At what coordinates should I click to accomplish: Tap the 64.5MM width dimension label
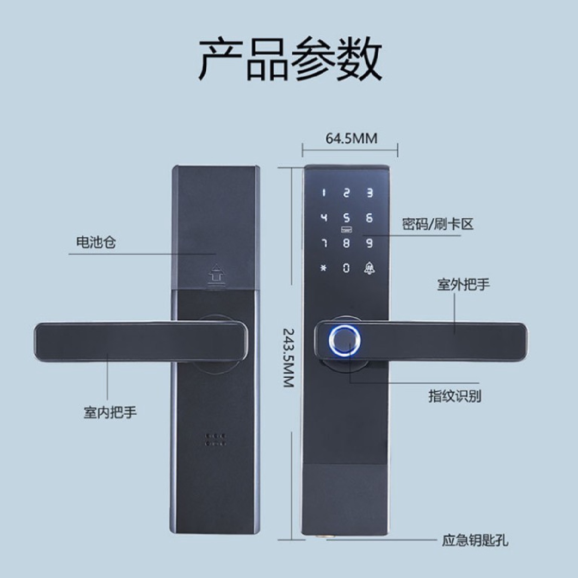(x=351, y=138)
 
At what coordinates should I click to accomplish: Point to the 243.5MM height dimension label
(x=289, y=358)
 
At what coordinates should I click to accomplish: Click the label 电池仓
(x=96, y=242)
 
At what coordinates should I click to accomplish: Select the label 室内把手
(x=110, y=412)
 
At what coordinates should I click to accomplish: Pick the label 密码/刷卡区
(x=438, y=224)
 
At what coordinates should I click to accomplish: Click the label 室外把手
(x=463, y=285)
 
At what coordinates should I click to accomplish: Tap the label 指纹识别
(x=454, y=396)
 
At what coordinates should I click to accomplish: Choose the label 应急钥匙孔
(x=475, y=540)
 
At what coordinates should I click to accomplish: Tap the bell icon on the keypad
(x=369, y=268)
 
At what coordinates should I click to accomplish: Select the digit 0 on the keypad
(x=346, y=268)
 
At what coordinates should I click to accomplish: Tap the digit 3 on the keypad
(x=369, y=193)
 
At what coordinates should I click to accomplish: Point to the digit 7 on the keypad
(x=324, y=243)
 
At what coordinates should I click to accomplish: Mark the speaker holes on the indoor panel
(x=216, y=439)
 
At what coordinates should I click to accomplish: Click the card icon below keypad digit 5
(x=346, y=230)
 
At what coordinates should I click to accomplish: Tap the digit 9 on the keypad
(x=369, y=243)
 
